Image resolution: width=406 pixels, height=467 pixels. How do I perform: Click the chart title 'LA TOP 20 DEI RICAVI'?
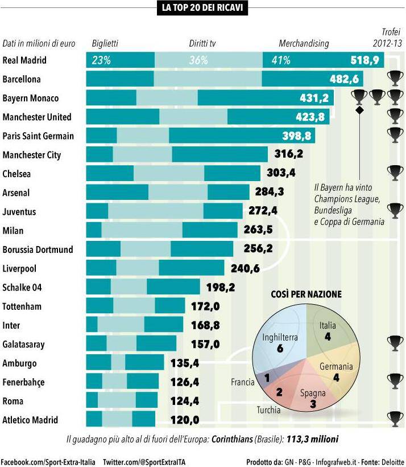click(x=203, y=7)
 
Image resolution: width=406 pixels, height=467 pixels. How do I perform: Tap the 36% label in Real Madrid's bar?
click(x=198, y=60)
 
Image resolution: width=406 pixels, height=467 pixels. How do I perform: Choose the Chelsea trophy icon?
click(x=394, y=171)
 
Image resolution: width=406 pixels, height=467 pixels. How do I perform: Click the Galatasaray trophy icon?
click(x=394, y=342)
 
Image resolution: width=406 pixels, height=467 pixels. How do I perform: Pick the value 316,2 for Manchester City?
click(x=288, y=155)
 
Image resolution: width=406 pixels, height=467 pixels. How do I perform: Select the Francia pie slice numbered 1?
click(x=265, y=377)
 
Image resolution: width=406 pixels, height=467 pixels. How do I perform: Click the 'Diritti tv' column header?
click(x=202, y=43)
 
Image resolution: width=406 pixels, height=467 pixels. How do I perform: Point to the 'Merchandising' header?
click(x=304, y=43)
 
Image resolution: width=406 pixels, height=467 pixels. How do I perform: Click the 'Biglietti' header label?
click(x=105, y=43)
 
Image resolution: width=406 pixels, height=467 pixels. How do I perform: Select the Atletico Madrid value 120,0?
click(x=185, y=420)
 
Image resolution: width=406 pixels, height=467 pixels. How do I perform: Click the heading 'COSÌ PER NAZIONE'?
click(x=306, y=294)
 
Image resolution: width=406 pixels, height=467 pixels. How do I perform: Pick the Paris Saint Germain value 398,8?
click(x=297, y=136)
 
